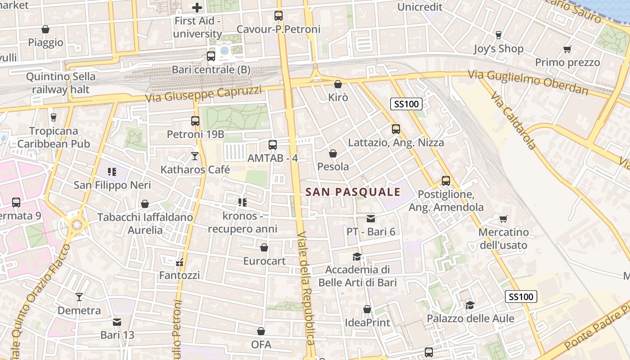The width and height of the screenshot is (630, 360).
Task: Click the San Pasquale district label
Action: coord(353,192)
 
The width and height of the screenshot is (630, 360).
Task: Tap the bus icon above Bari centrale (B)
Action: coord(211,56)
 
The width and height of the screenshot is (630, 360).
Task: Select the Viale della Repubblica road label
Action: coord(306,288)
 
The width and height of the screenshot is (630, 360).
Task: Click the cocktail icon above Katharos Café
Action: coord(195,156)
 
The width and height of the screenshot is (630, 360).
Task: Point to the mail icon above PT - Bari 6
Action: coord(371,219)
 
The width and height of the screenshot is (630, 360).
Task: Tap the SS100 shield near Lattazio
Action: coord(406,104)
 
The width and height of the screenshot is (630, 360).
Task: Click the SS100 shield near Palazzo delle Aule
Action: coord(522,297)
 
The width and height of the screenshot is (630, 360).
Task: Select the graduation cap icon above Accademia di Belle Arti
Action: coord(357,256)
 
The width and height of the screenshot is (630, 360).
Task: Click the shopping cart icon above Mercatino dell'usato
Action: coord(503,219)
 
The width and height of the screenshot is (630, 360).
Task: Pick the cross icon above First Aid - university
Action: coord(197,7)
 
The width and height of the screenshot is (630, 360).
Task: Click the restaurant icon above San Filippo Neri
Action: coord(112,171)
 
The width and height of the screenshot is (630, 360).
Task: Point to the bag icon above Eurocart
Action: coord(264,247)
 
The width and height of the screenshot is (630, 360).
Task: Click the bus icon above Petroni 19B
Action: coord(195,121)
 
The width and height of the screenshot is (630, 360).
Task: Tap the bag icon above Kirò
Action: coord(338,84)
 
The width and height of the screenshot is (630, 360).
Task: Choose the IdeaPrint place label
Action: coord(367,323)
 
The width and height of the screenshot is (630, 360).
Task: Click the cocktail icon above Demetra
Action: coord(79,297)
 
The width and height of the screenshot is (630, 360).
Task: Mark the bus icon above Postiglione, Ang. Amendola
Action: coord(446,181)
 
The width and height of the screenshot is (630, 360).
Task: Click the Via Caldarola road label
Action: coord(513,121)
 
